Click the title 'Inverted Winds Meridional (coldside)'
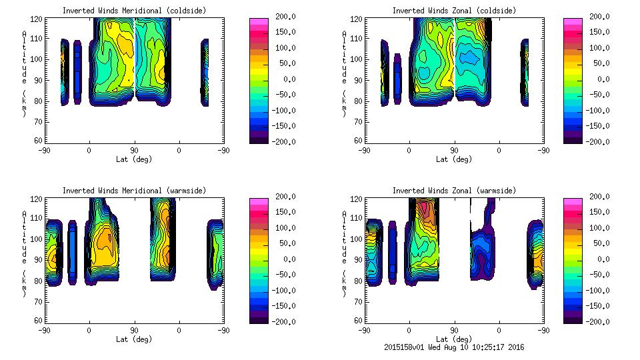click(134, 11)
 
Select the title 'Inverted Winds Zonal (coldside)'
click(454, 11)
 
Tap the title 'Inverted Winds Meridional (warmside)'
click(134, 191)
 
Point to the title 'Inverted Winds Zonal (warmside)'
click(454, 191)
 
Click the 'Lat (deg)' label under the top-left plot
click(134, 159)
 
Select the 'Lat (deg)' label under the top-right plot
click(454, 159)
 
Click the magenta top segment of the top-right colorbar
click(572, 22)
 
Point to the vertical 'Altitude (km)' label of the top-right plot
click(344, 73)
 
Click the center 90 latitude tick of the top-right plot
click(454, 151)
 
